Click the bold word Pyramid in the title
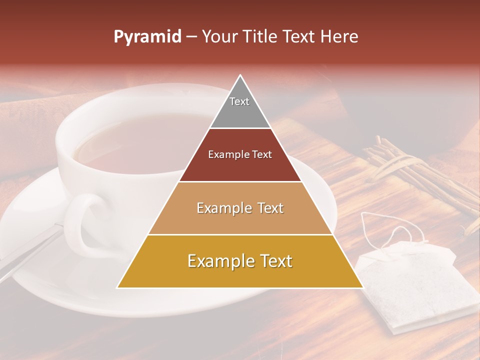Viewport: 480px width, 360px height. (147, 37)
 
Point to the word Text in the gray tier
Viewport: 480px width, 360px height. (239, 101)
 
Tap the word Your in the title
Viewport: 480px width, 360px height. (218, 37)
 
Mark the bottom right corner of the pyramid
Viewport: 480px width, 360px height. (362, 287)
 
